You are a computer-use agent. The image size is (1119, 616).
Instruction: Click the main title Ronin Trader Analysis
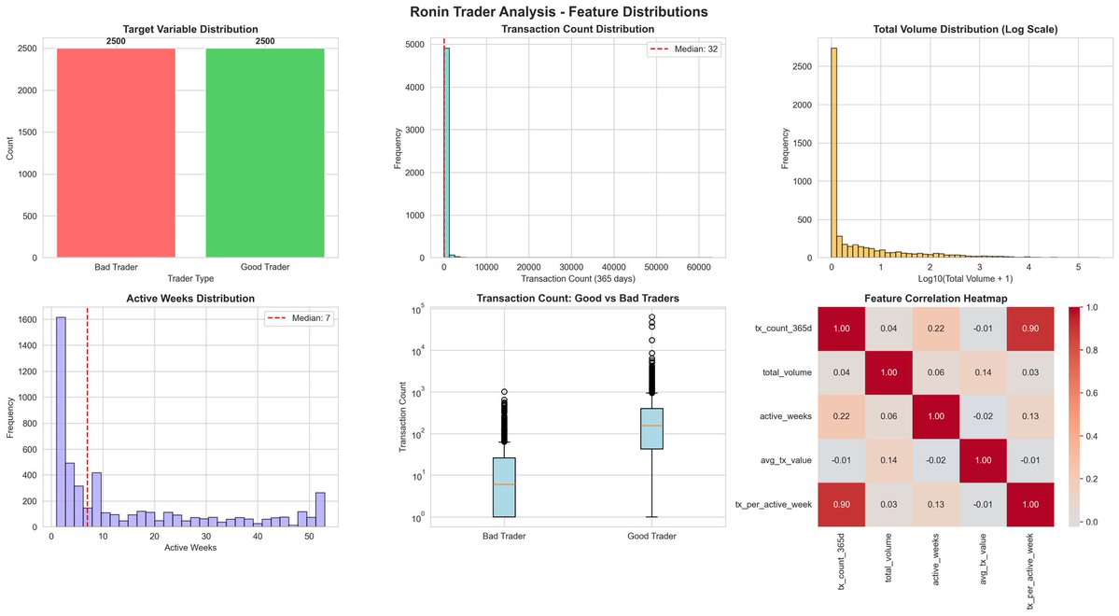tap(559, 12)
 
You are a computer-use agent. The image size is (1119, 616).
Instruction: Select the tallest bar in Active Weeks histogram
tap(61, 424)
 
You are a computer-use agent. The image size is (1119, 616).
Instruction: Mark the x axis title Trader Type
tap(190, 279)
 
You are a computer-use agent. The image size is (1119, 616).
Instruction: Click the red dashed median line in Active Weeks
tap(87, 420)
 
